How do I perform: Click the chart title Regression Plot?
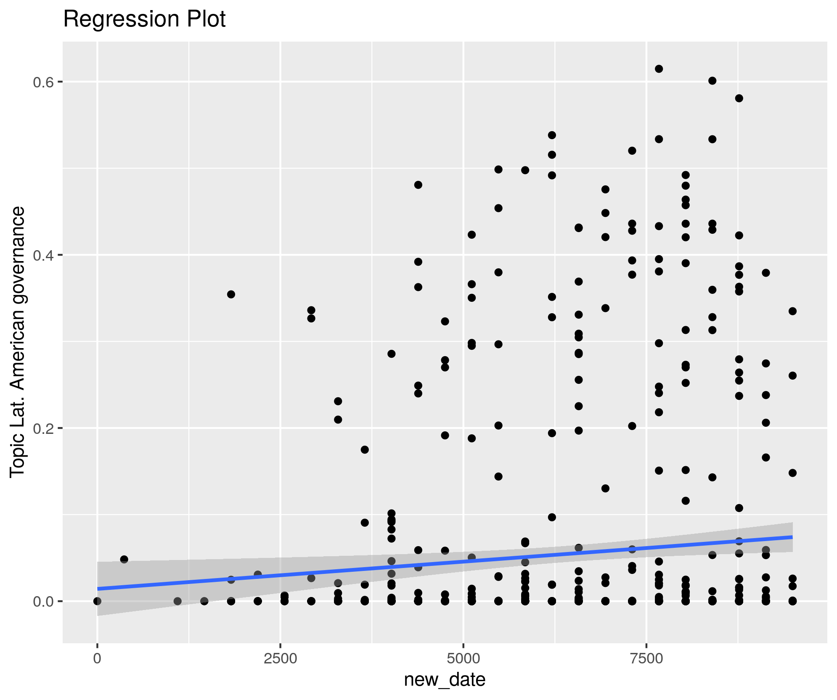point(144,19)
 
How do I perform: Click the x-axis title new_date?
point(445,679)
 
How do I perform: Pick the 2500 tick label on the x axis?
point(280,658)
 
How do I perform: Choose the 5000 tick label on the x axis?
point(463,658)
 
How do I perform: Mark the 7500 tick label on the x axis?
point(646,658)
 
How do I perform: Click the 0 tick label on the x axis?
point(97,658)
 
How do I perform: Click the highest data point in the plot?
point(659,69)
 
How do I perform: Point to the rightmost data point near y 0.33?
point(792,311)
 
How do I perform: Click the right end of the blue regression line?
point(792,537)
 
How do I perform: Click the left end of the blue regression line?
point(98,589)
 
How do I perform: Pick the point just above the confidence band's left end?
point(124,559)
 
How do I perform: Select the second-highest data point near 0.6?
point(713,81)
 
